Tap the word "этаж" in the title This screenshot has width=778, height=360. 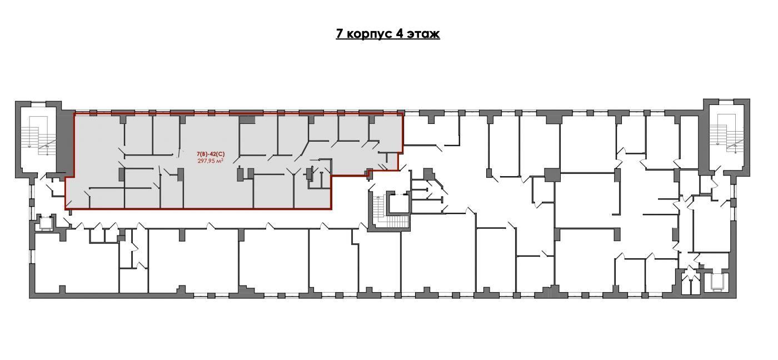click(423, 34)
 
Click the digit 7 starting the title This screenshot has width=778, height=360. click(340, 34)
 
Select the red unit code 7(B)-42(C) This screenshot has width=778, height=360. click(211, 154)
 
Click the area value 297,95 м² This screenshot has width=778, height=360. click(211, 161)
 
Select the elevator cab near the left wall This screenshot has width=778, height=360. click(45, 223)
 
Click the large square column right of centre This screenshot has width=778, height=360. click(552, 174)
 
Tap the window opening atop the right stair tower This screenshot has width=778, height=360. click(726, 101)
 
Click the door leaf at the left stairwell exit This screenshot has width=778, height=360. click(43, 177)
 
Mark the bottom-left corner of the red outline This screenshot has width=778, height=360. click(66, 209)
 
